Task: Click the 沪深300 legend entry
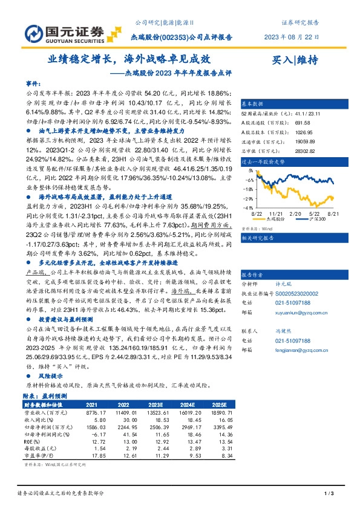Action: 316,221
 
